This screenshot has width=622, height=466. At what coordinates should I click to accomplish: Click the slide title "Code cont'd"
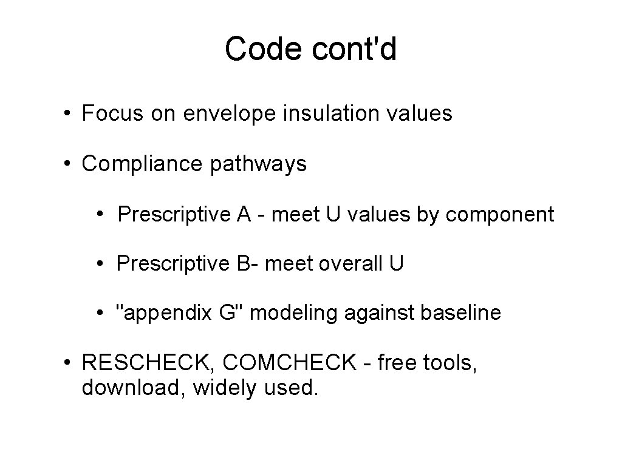point(310,49)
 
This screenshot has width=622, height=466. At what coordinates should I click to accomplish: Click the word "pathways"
point(259,164)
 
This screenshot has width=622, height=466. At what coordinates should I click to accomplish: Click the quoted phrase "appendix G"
point(179,313)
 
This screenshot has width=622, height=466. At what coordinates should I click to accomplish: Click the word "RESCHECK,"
point(148,363)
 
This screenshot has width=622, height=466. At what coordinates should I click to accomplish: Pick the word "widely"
point(225,388)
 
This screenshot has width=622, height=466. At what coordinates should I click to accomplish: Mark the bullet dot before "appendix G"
point(99,314)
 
